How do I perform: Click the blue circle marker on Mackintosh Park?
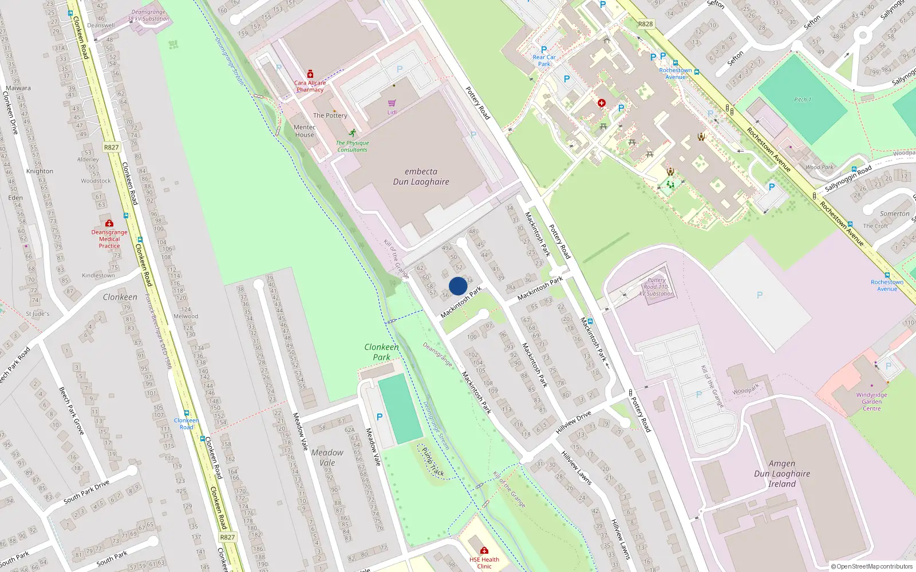[458, 286]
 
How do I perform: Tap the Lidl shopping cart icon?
[392, 104]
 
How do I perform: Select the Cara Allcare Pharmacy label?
[310, 86]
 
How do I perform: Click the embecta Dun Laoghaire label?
[421, 177]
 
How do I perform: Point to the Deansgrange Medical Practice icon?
[109, 223]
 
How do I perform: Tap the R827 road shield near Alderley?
[112, 148]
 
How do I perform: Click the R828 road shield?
[645, 24]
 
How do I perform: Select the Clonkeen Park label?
[381, 352]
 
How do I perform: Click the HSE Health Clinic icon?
[484, 551]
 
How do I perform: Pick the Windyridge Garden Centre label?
[871, 402]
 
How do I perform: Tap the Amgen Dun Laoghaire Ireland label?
[782, 474]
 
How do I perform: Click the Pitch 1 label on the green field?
[803, 100]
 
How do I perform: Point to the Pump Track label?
[433, 462]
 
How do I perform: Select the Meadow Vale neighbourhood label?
[327, 458]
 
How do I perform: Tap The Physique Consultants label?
[352, 146]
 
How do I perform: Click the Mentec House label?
[305, 131]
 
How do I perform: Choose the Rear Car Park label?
[544, 61]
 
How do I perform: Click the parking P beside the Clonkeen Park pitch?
[380, 417]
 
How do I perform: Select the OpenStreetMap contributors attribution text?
[871, 566]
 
